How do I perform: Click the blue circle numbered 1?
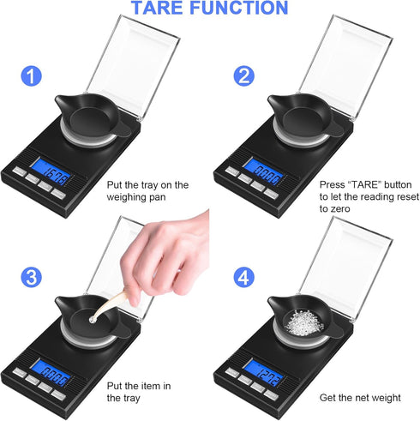pos(32,76)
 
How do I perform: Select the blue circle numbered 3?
pos(32,277)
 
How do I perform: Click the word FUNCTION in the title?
pos(242,9)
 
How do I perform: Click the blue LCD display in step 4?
pos(261,375)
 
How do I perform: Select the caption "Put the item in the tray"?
pos(140,390)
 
